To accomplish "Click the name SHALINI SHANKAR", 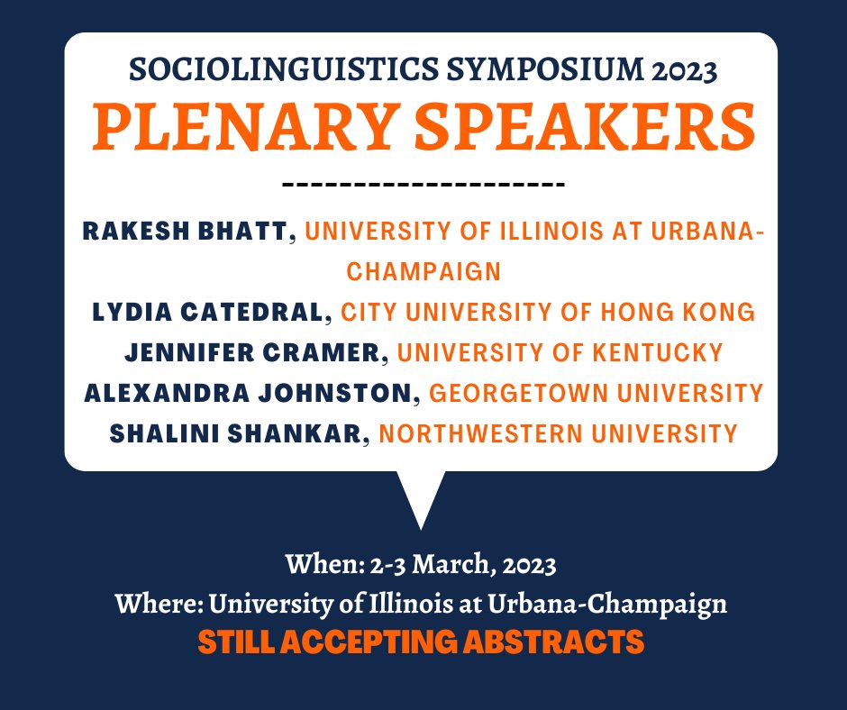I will click(x=237, y=433).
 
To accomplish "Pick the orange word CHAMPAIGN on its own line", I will click(x=423, y=271).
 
